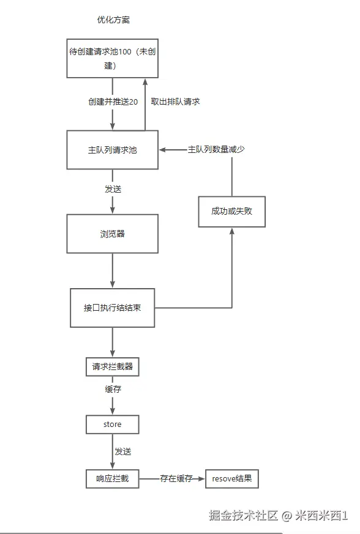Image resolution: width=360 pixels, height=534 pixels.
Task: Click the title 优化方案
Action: [113, 20]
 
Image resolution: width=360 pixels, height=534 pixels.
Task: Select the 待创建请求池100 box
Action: [112, 58]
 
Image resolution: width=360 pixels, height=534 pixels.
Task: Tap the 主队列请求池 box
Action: [112, 149]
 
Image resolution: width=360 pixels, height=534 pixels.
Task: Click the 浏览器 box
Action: [112, 234]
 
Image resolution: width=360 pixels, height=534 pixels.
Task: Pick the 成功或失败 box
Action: [231, 211]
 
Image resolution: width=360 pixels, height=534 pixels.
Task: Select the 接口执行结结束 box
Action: [112, 308]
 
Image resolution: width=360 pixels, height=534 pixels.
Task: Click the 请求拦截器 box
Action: [112, 367]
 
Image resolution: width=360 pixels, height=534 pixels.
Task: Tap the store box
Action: [112, 425]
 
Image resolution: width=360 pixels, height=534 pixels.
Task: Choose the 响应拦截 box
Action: [112, 479]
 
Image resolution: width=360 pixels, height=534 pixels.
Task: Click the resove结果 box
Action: [232, 479]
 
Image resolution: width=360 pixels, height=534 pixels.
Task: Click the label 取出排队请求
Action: [175, 102]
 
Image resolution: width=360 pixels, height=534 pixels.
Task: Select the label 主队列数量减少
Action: [216, 149]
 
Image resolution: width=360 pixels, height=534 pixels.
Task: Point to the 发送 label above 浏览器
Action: [113, 189]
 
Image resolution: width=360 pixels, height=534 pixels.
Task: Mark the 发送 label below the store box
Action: [122, 451]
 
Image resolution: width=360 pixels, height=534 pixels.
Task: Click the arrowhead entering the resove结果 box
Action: [202, 479]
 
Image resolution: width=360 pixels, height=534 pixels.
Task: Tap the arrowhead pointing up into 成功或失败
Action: [232, 231]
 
